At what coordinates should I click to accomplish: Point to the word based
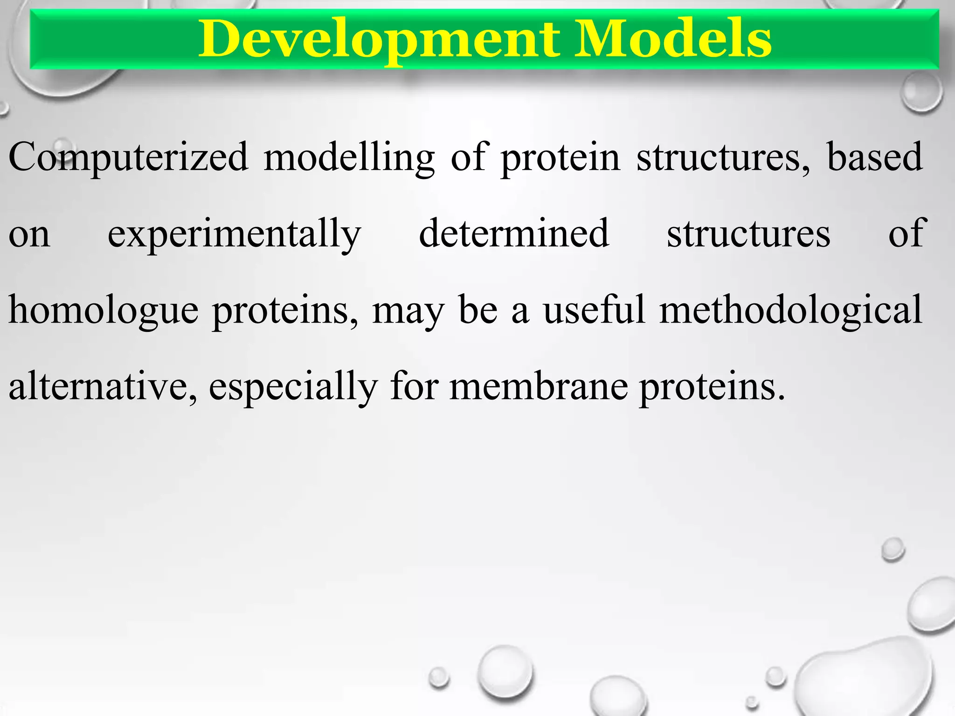click(874, 158)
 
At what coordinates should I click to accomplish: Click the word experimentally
click(234, 234)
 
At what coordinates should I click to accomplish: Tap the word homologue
click(104, 311)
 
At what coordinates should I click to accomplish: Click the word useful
click(594, 310)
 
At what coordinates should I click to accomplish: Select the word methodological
click(791, 311)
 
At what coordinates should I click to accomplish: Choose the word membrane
click(539, 387)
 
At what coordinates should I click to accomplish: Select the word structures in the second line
click(748, 234)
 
